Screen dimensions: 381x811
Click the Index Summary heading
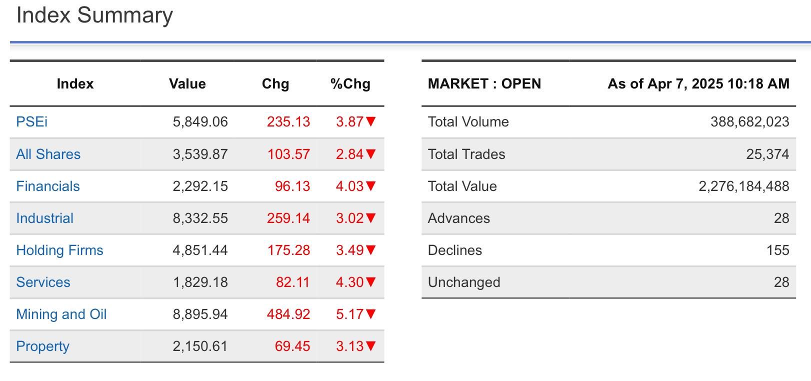(94, 15)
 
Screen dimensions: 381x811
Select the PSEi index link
(32, 122)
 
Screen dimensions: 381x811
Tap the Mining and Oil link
(61, 314)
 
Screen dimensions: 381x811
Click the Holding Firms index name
(59, 250)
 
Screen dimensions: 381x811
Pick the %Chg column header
(350, 84)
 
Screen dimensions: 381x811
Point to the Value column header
(187, 84)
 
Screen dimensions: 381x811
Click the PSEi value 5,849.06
(200, 122)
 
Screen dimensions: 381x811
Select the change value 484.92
(288, 314)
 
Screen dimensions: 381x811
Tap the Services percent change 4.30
(349, 282)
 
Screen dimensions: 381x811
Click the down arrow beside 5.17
(370, 314)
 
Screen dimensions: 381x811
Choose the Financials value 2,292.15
(200, 186)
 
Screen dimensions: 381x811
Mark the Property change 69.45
(292, 346)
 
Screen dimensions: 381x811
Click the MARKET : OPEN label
(484, 84)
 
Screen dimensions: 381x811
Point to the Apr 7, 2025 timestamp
(698, 84)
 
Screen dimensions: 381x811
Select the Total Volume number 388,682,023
(749, 122)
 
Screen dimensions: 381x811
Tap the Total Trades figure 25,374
(767, 154)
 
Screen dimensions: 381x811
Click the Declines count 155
(777, 250)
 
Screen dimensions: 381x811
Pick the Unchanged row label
(463, 282)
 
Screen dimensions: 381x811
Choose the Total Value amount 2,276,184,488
(743, 186)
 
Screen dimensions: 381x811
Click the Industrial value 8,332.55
(200, 218)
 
